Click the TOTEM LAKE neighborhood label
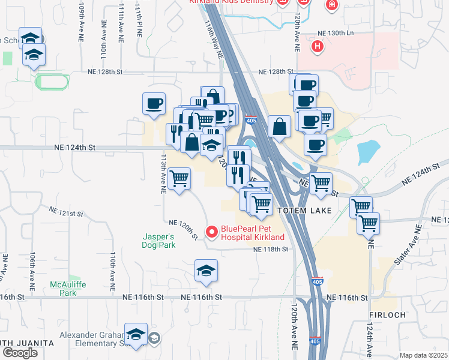pos(301,211)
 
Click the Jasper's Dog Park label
pos(158,241)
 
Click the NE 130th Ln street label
pos(337,32)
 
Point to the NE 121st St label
pos(66,213)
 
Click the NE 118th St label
pos(271,249)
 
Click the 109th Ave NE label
pos(82,22)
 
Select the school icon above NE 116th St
pos(206,271)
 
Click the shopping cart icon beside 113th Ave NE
pos(179,178)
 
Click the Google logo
pos(20,352)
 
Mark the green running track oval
pos(53,81)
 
